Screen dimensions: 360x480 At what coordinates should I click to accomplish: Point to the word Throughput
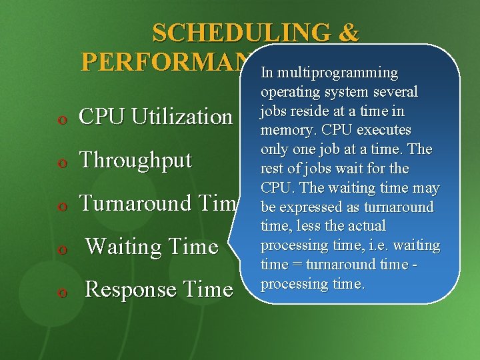[135, 160]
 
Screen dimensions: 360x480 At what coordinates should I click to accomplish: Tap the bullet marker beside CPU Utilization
[62, 119]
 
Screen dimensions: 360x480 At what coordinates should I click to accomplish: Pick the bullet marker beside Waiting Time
[62, 249]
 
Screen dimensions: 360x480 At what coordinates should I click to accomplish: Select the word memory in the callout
[284, 130]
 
